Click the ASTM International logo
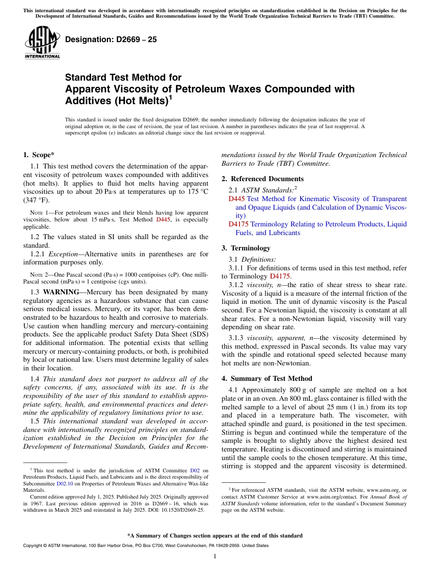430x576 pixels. pos(42,43)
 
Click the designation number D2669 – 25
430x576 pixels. pos(111,39)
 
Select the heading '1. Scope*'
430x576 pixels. pos(39,155)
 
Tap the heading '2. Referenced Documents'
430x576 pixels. pos(263,179)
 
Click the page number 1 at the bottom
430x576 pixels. pos(215,557)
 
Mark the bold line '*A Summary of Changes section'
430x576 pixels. pos(215,536)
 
